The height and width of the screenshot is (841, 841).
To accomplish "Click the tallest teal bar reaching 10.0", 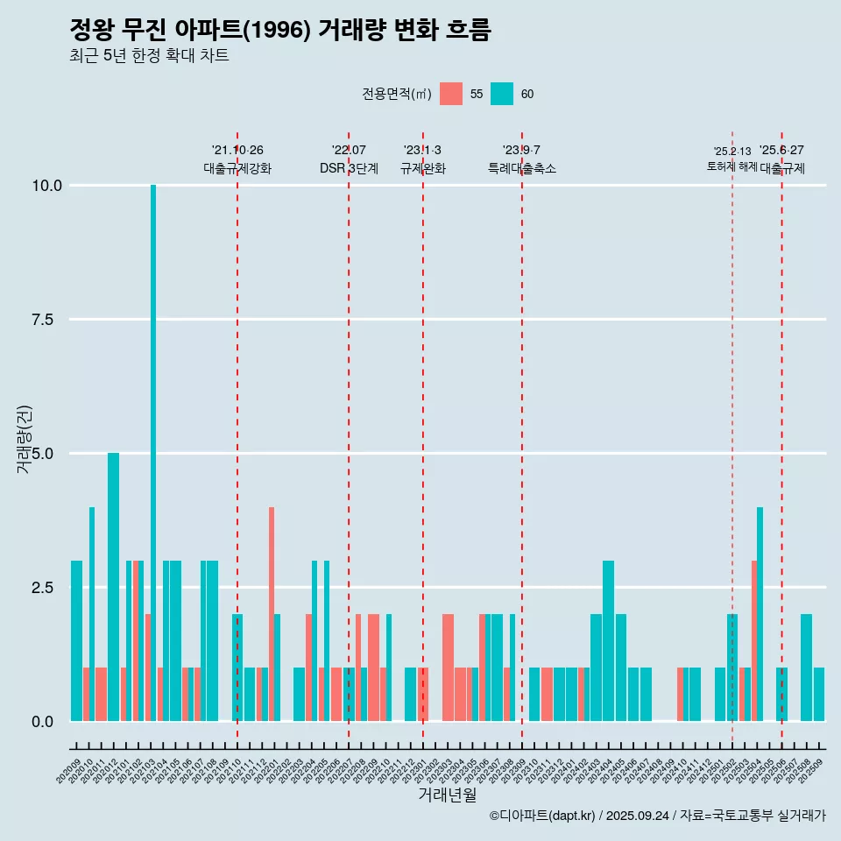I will [153, 438].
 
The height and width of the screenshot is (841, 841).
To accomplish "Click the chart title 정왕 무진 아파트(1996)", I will [279, 30].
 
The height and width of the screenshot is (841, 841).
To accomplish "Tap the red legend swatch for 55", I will [451, 94].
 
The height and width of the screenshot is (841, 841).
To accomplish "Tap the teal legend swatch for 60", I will [502, 94].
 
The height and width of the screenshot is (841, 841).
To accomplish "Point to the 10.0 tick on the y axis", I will [46, 186].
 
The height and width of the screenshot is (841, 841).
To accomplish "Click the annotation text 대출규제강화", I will [237, 168].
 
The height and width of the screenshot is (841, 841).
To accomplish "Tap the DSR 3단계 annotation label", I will [349, 168].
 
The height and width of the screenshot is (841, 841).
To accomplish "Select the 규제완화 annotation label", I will [423, 168].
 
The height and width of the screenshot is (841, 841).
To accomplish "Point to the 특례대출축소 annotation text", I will [522, 168].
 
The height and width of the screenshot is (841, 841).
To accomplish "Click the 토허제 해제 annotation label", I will [732, 166].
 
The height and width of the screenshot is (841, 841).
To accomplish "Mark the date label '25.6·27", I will [781, 151].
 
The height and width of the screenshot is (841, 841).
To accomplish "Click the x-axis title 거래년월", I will [447, 795].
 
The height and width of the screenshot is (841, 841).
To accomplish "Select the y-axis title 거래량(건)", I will [25, 440].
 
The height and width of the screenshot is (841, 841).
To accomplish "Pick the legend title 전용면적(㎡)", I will [396, 94].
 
